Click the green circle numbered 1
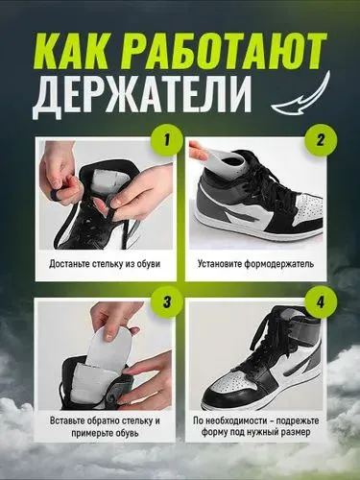(166, 140)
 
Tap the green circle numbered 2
(321, 140)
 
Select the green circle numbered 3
(166, 301)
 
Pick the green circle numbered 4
(321, 301)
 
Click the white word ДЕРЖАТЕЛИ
(141, 95)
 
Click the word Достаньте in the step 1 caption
(69, 264)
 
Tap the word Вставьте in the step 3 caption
(66, 420)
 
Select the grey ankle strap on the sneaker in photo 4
(290, 337)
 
